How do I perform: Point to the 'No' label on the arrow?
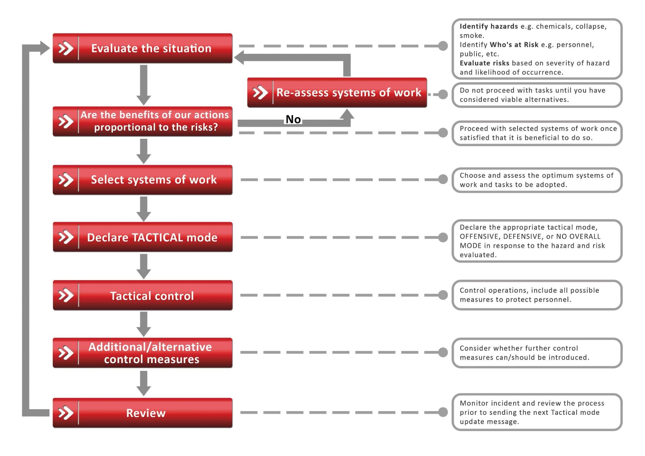pos(293,119)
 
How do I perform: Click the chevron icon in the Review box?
pos(66,413)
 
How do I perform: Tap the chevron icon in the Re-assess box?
pos(260,93)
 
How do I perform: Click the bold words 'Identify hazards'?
pos(489,26)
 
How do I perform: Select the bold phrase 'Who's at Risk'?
pos(514,45)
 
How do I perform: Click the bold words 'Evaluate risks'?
pos(484,63)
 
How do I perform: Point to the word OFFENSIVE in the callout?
pos(480,237)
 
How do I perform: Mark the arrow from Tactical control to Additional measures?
pos(144,324)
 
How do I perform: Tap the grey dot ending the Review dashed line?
pos(443,412)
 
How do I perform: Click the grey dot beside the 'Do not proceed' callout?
pos(443,95)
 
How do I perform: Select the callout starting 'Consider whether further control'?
pos(537,353)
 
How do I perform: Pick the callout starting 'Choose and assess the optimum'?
pos(537,180)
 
